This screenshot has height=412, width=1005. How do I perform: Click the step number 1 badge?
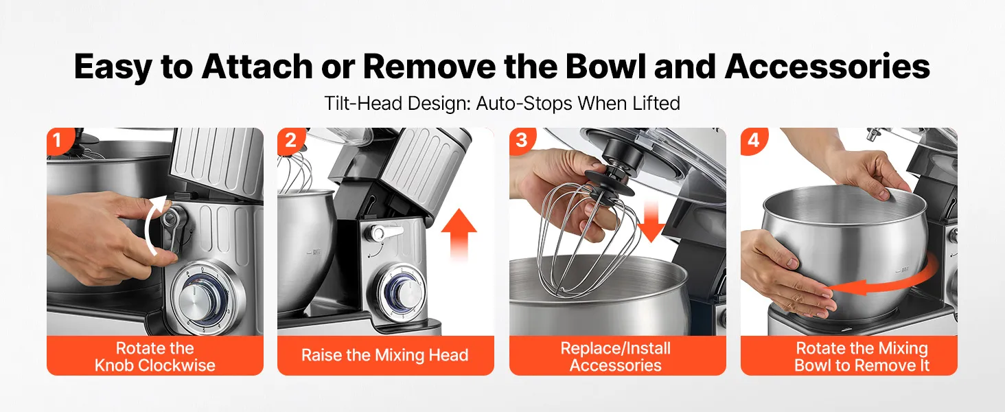pos(58,140)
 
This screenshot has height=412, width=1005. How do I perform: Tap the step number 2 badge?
pos(290,140)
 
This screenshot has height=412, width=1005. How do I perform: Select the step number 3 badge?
pos(522,140)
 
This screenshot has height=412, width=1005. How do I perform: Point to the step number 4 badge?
pos(753,140)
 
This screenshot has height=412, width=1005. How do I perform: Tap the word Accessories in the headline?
pos(827,67)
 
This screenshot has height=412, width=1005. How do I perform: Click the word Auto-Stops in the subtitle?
pos(524,103)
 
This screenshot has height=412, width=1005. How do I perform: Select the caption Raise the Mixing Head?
pos(385,355)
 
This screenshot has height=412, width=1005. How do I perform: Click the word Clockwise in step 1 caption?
pos(176,365)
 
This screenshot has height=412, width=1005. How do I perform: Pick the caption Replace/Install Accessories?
pos(616,357)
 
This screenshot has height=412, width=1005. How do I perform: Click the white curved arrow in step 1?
pos(150,225)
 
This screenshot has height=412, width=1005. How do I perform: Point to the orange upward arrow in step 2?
pos(459,233)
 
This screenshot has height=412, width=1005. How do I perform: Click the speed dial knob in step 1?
pos(198,297)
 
